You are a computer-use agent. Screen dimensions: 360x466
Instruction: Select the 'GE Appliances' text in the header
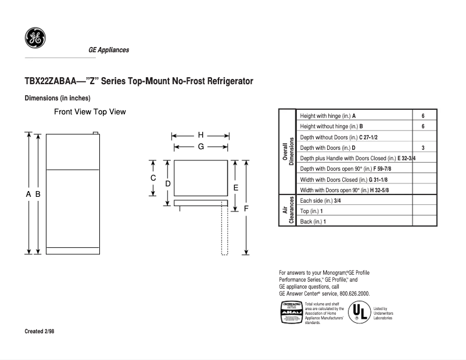click(109, 50)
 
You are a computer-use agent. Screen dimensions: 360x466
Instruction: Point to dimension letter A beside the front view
click(28, 195)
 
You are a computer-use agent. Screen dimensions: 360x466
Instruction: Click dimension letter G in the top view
click(200, 147)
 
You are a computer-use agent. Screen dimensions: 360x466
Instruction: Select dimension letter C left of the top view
click(153, 178)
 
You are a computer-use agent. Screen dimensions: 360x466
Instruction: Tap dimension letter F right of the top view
click(246, 208)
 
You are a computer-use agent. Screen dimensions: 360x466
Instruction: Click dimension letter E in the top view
click(235, 188)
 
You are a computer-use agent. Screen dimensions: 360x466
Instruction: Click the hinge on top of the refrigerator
click(95, 133)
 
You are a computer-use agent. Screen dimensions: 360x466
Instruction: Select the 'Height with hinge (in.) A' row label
click(328, 116)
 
